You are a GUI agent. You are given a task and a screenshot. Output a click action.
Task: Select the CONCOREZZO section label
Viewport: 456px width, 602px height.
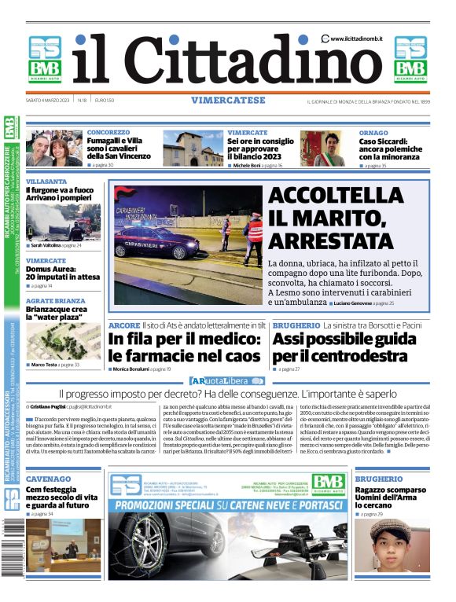[108, 133]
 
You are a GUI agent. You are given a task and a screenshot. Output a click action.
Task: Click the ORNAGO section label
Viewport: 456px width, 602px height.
[373, 133]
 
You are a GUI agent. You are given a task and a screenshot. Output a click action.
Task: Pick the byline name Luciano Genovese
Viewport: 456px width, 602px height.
[352, 303]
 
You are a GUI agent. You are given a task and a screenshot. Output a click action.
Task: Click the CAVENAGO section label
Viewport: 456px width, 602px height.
[49, 479]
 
